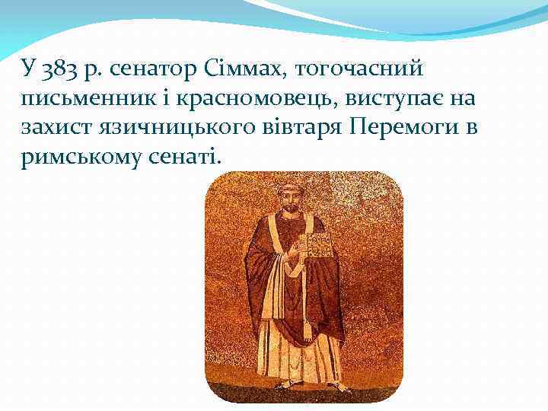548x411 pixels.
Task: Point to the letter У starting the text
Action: [29, 72]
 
